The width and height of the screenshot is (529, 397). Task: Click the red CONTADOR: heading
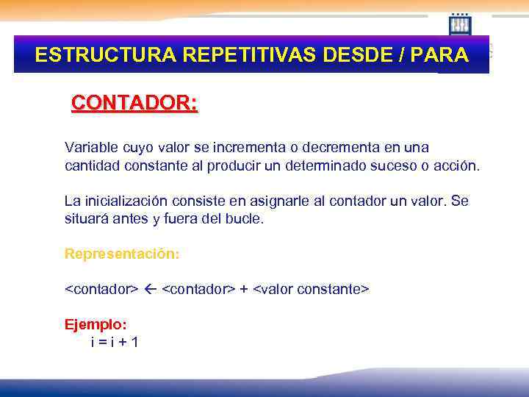[134, 103]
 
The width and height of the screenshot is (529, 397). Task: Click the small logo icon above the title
[460, 24]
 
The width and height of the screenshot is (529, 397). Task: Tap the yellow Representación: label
[122, 254]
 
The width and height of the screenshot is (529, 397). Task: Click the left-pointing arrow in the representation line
[150, 290]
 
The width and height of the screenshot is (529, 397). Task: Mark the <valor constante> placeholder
[311, 290]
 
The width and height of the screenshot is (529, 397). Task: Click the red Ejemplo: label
[96, 324]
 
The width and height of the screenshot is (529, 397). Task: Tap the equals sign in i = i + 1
[103, 342]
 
